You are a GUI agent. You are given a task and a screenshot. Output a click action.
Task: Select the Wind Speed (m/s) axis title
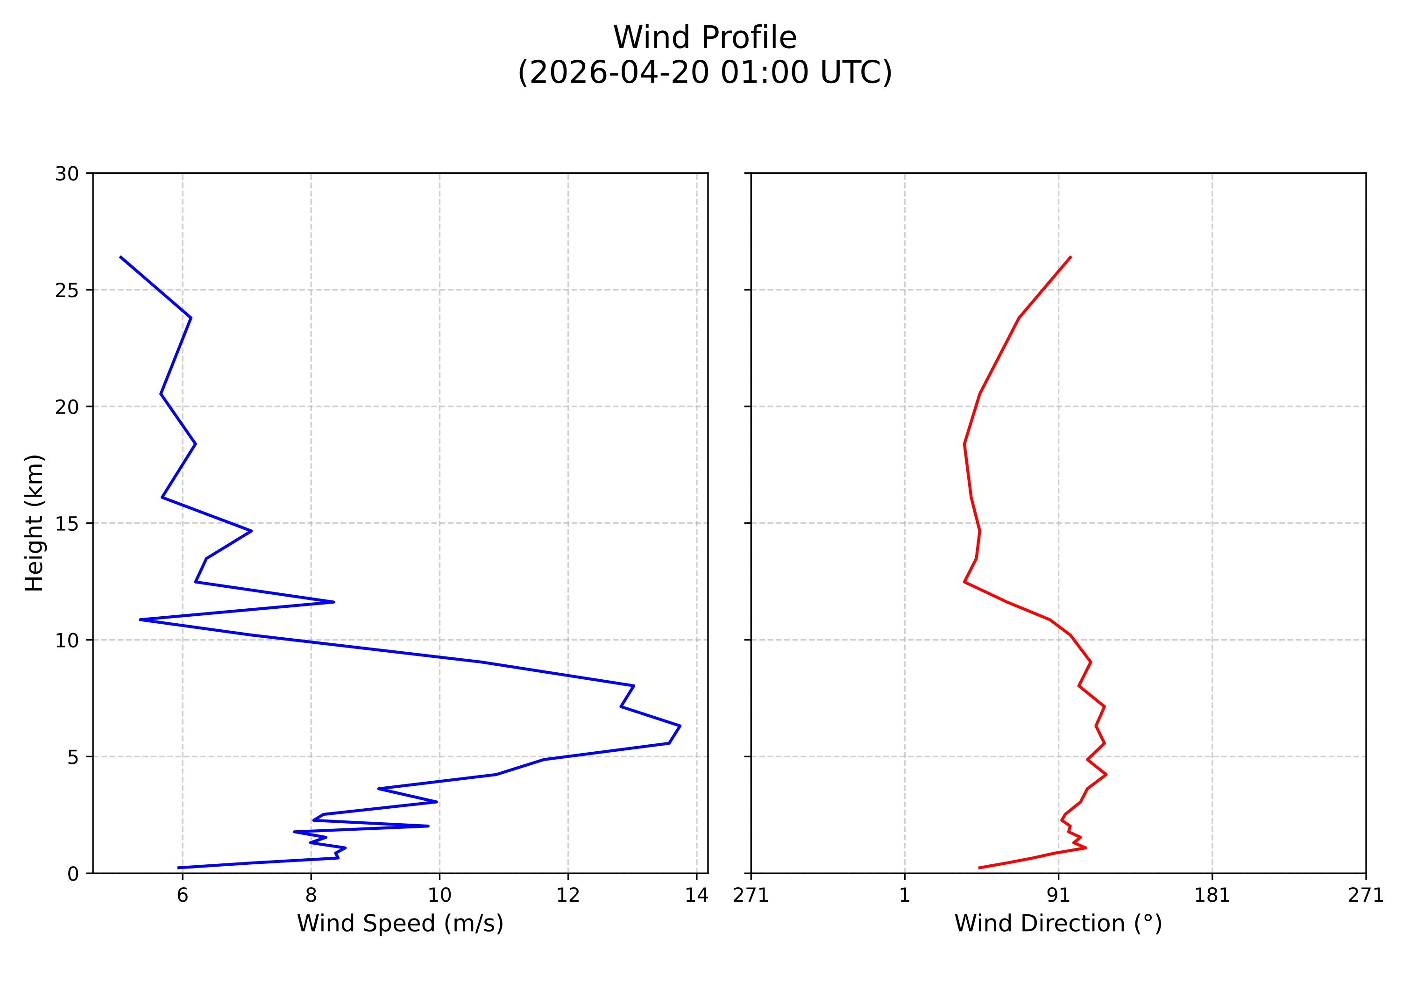(x=400, y=923)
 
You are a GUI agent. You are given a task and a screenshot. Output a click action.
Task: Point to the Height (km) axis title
(x=35, y=523)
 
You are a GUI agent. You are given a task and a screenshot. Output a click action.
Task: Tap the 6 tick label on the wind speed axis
(x=183, y=896)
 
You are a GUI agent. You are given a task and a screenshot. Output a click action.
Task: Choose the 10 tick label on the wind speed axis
(x=439, y=896)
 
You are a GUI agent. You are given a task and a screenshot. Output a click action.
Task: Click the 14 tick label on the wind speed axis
(x=696, y=896)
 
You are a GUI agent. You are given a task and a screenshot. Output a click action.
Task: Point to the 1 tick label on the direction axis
(x=905, y=896)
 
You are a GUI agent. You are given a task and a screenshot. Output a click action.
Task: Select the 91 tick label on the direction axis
(x=1058, y=896)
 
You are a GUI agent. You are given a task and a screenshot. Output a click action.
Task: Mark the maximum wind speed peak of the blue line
(x=680, y=726)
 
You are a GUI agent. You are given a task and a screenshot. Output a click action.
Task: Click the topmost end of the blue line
(x=120, y=256)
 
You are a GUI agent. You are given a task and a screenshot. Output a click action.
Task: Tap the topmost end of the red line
(x=1070, y=256)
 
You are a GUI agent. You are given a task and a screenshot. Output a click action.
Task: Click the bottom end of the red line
(x=979, y=868)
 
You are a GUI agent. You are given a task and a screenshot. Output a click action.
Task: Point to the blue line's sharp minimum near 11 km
(x=140, y=620)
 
